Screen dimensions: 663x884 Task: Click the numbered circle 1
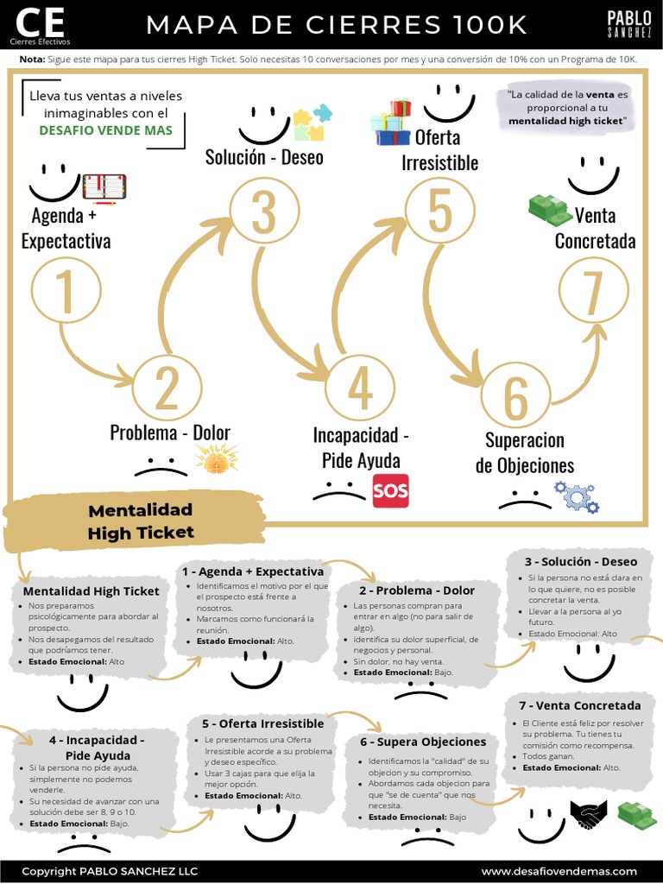click(66, 290)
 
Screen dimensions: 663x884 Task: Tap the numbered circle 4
click(360, 388)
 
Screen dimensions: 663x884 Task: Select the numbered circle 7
click(594, 291)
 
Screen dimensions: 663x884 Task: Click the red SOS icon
click(391, 490)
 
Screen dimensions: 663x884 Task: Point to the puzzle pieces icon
click(312, 122)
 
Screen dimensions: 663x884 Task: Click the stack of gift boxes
click(391, 123)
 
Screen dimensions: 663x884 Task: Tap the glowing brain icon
click(217, 458)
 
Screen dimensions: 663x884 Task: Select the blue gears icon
click(576, 496)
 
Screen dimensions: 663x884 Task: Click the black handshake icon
click(589, 814)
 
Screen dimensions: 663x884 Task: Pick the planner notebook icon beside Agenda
click(104, 187)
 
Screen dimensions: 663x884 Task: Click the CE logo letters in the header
click(40, 22)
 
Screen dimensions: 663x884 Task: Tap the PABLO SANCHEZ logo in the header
click(629, 24)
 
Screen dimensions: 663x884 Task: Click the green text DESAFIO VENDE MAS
click(105, 130)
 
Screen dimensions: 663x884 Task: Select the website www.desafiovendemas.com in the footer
click(559, 871)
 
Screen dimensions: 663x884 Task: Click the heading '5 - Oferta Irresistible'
click(263, 723)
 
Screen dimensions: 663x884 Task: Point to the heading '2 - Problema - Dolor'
click(417, 590)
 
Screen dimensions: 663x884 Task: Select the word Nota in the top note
click(32, 60)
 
